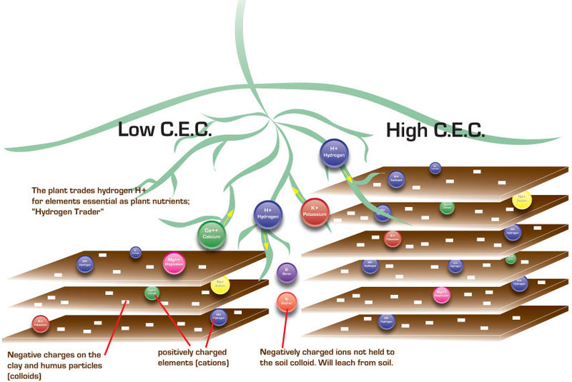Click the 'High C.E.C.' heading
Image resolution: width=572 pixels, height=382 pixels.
pyautogui.click(x=435, y=130)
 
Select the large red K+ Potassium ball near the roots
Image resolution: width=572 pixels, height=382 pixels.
pyautogui.click(x=315, y=212)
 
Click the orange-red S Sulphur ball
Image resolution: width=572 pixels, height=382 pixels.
pyautogui.click(x=287, y=302)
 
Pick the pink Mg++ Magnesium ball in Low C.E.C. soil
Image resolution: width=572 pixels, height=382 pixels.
pyautogui.click(x=174, y=263)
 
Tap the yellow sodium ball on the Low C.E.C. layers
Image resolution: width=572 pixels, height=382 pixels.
pyautogui.click(x=220, y=286)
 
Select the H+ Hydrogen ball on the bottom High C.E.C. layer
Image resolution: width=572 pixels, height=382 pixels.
pyautogui.click(x=386, y=320)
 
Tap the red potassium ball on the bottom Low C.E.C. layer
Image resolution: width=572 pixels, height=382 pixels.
pyautogui.click(x=40, y=323)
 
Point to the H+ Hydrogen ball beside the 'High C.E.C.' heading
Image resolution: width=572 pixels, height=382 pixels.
pyautogui.click(x=333, y=154)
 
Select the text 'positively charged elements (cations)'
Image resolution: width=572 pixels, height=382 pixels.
pyautogui.click(x=193, y=358)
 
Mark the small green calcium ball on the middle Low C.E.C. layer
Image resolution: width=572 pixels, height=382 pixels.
pyautogui.click(x=152, y=291)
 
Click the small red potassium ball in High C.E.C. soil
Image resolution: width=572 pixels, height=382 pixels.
pyautogui.click(x=391, y=238)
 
